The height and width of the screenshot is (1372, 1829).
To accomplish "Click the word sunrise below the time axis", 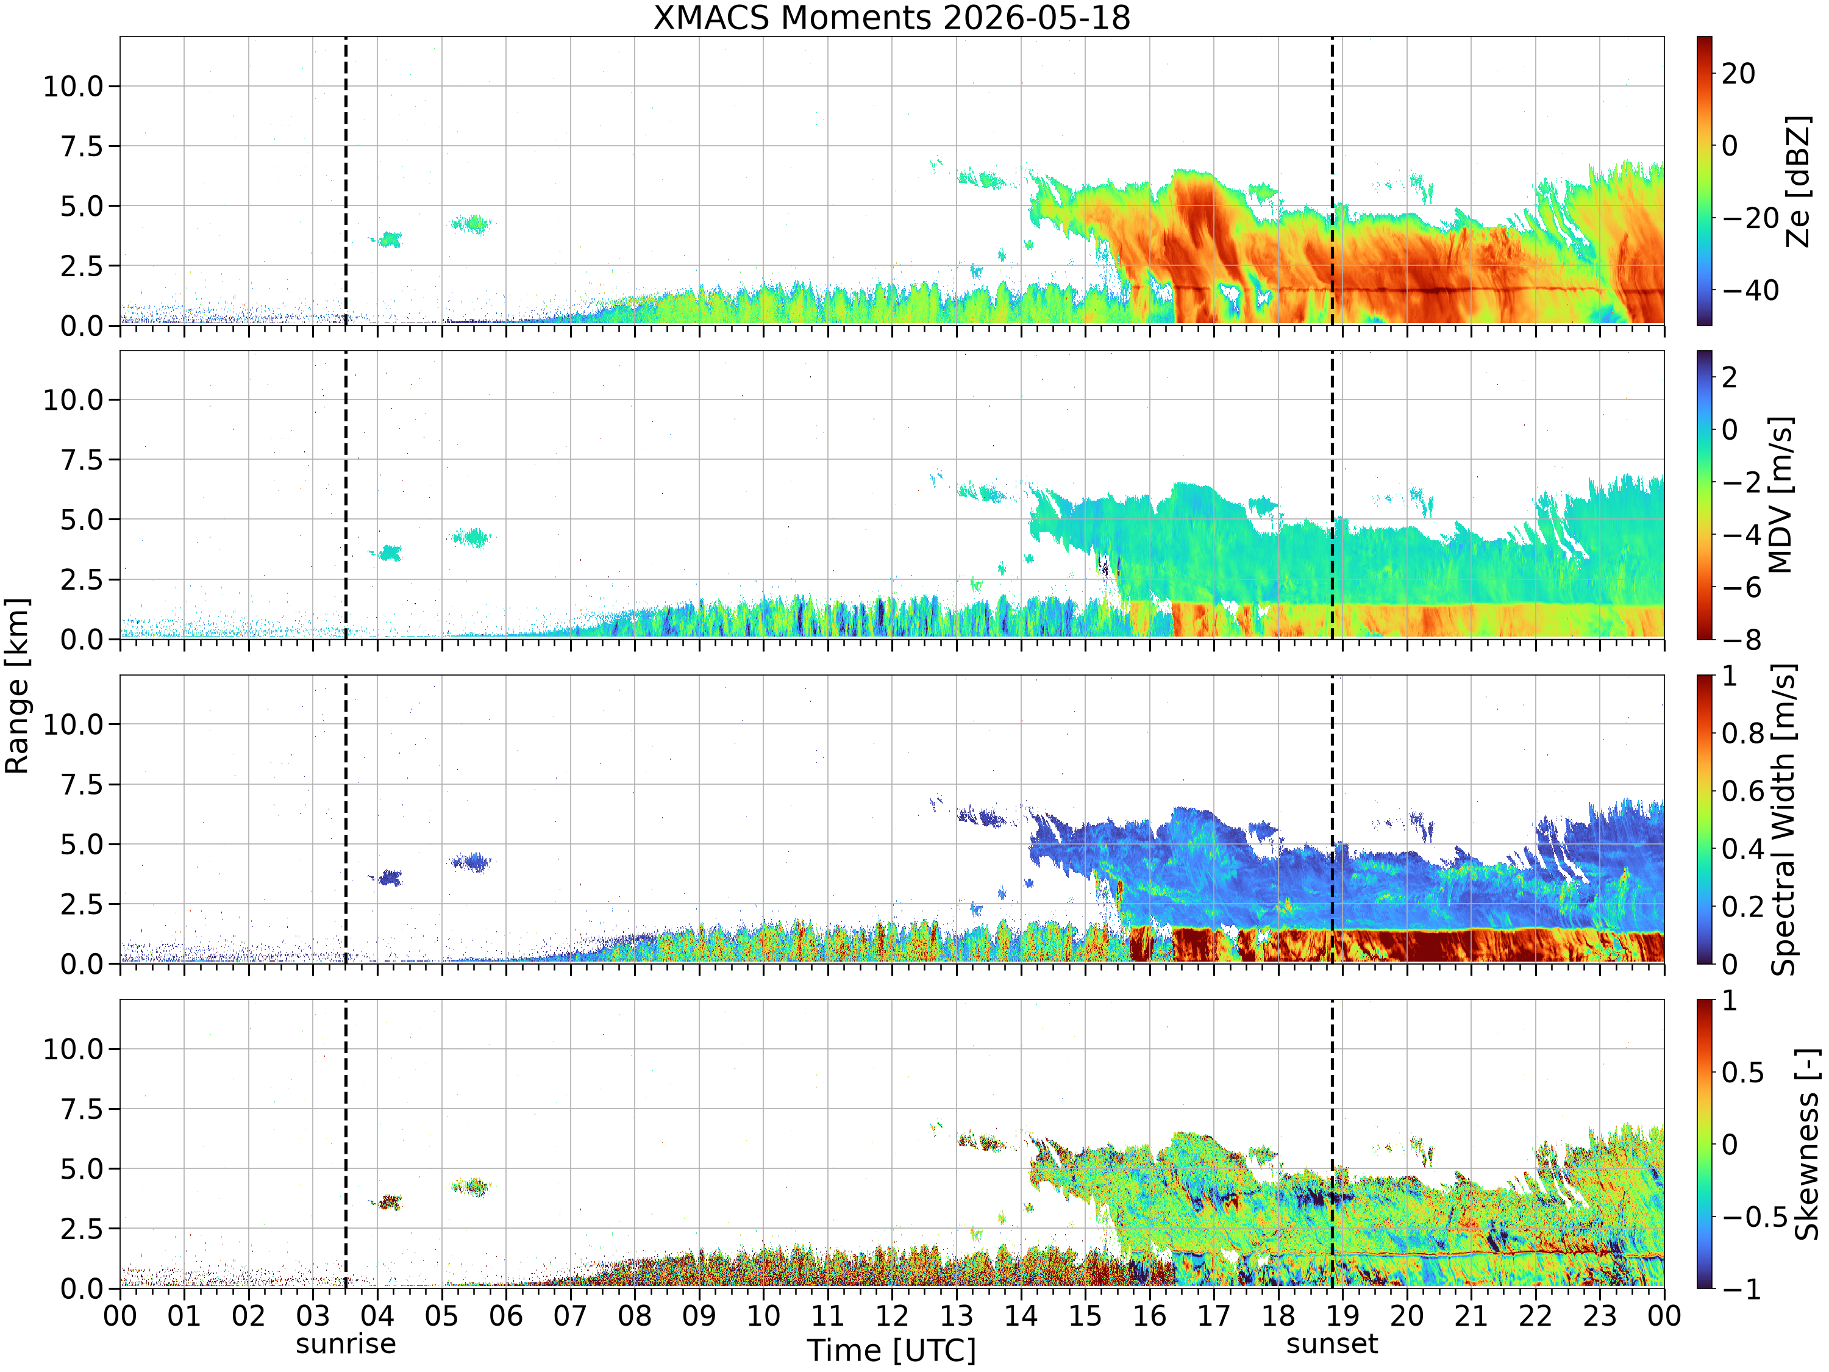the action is pyautogui.click(x=346, y=1343).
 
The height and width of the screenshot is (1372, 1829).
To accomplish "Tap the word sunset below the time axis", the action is pyautogui.click(x=1332, y=1343).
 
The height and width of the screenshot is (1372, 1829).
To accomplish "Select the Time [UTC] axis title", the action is pyautogui.click(x=891, y=1351).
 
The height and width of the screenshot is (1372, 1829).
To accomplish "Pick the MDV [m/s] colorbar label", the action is pyautogui.click(x=1780, y=495).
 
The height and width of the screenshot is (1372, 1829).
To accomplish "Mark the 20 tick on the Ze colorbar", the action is pyautogui.click(x=1738, y=74).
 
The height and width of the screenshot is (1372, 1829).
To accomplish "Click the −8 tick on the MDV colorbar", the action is pyautogui.click(x=1738, y=639).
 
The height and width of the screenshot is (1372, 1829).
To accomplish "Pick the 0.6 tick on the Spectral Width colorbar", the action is pyautogui.click(x=1743, y=791).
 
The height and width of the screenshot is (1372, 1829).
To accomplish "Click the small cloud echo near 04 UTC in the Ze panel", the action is pyautogui.click(x=386, y=240).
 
